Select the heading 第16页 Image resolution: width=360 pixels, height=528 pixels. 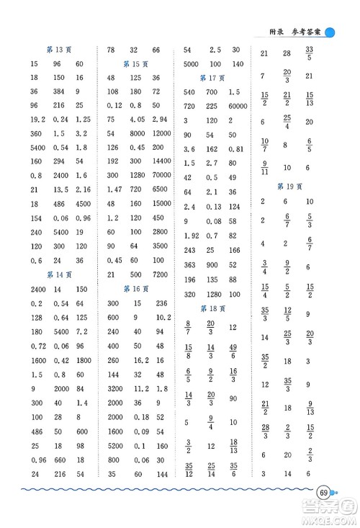pyautogui.click(x=136, y=289)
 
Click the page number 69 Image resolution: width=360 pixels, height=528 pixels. pyautogui.click(x=325, y=493)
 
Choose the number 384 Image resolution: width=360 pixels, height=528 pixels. pyautogui.click(x=59, y=91)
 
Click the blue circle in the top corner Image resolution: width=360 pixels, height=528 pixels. pyautogui.click(x=330, y=32)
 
